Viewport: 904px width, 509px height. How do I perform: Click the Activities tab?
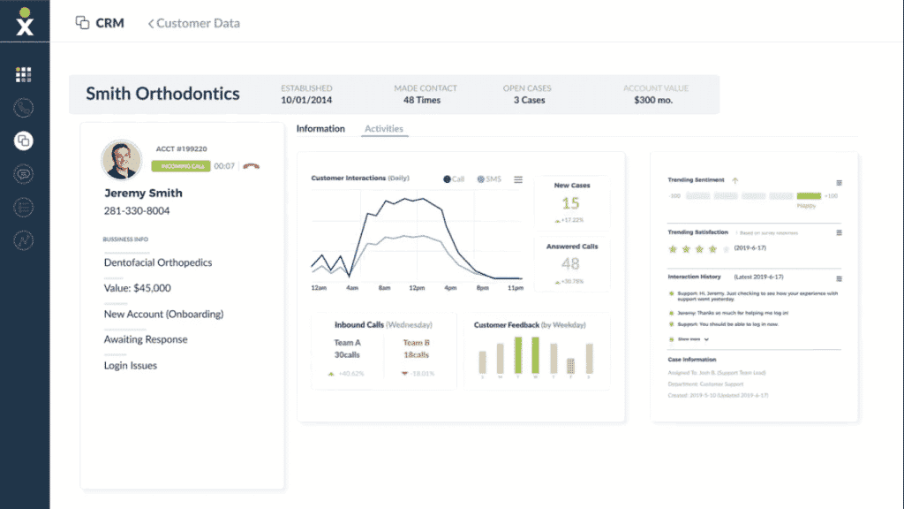coord(383,129)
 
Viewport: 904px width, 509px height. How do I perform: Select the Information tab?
coord(320,129)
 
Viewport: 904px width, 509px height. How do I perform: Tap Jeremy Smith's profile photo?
coord(122,159)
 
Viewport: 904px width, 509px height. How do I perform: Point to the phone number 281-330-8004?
coord(137,211)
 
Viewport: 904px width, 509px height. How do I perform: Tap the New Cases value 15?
coord(571,203)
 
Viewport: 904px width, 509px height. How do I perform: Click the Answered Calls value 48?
coord(571,263)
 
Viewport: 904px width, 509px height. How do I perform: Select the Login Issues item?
coord(130,365)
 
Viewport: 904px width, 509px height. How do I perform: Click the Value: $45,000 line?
coord(138,288)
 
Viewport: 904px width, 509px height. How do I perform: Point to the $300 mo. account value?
coord(655,101)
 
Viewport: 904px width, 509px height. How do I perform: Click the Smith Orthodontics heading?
coord(162,94)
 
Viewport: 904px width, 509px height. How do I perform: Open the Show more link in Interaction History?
coord(689,338)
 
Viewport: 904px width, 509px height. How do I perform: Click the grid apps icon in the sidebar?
coord(24,74)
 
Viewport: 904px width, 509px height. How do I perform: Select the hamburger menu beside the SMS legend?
coord(518,179)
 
